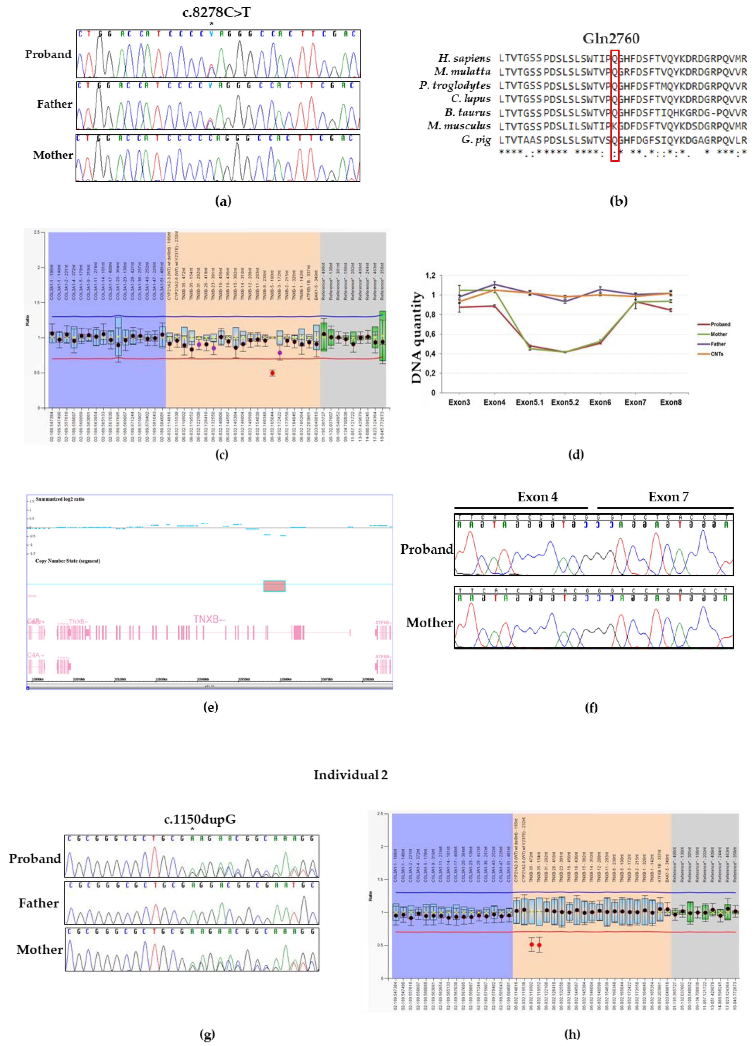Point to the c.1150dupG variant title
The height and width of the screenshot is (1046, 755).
click(x=200, y=820)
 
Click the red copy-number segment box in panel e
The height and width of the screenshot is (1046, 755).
click(x=274, y=586)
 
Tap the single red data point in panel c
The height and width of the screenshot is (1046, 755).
click(x=273, y=373)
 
